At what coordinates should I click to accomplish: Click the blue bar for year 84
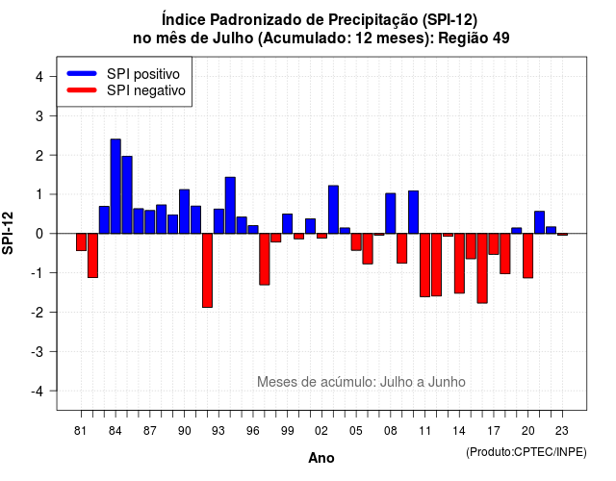pos(115,186)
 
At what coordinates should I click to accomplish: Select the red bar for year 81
pos(81,241)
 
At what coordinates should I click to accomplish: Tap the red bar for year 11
pos(424,266)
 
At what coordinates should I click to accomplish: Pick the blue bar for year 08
pos(391,214)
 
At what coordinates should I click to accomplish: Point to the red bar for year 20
pos(528,256)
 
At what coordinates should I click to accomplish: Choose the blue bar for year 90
pos(184,212)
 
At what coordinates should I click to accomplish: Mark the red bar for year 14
pos(459,264)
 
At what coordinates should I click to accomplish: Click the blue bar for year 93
pos(218,221)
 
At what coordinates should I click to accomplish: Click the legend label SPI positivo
pos(143,74)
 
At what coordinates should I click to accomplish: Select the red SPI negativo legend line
pos(82,90)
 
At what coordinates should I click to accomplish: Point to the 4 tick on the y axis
pos(53,76)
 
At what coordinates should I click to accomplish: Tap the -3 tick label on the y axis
pos(38,352)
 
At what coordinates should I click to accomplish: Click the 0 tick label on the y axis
pos(39,234)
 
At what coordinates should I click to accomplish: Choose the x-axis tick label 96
pos(253,431)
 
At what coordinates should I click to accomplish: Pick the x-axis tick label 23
pos(562,431)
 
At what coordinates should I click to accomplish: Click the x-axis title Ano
pos(321,458)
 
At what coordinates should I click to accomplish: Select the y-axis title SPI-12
pos(8,233)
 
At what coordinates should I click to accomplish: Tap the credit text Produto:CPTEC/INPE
pos(526,452)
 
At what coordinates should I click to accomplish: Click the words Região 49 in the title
pos(474,38)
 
